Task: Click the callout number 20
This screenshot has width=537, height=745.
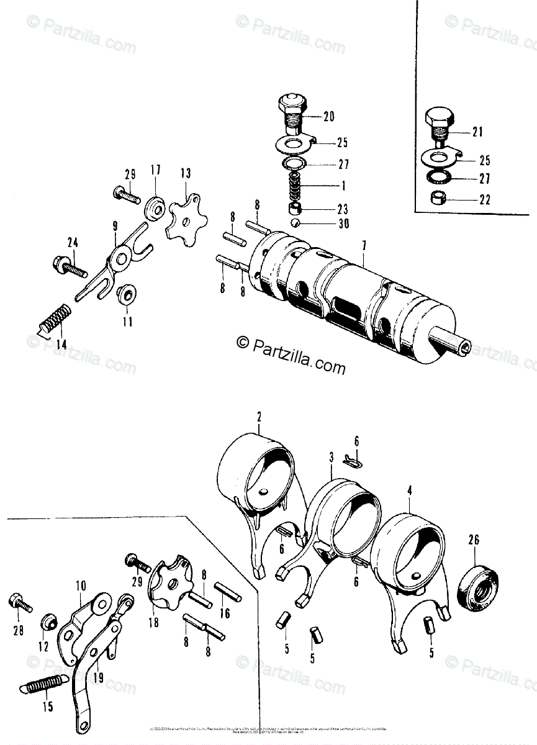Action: (x=328, y=116)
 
